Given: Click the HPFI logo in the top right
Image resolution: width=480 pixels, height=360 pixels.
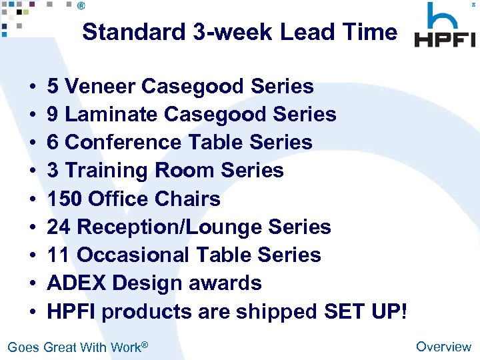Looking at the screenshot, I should click(445, 27).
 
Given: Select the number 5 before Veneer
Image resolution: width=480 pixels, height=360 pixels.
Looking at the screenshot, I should click(53, 87).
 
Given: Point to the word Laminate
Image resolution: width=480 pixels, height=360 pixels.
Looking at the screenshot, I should click(111, 115).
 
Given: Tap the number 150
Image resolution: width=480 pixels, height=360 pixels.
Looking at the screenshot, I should click(65, 199).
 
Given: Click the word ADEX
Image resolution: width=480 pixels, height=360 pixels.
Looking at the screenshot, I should click(77, 283).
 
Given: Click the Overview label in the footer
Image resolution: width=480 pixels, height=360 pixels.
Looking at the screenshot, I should click(443, 346).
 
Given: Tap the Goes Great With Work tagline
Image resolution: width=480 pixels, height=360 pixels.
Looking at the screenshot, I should click(77, 347).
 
